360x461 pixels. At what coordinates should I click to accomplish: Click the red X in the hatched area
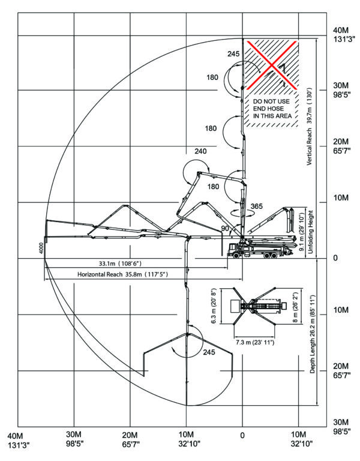(271, 65)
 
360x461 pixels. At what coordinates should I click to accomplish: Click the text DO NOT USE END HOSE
(271, 105)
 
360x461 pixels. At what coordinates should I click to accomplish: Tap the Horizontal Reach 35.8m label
(122, 274)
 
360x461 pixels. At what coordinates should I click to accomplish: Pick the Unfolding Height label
(311, 232)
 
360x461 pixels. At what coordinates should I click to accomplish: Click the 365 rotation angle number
(257, 206)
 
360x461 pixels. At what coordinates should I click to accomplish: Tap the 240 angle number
(200, 151)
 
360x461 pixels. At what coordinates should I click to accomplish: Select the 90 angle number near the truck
(225, 229)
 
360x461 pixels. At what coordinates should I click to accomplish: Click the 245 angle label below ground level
(209, 352)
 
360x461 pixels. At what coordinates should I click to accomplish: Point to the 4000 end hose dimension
(41, 248)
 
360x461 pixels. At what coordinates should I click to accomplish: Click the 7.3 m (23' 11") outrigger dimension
(255, 342)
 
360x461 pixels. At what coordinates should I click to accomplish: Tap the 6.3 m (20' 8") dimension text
(214, 306)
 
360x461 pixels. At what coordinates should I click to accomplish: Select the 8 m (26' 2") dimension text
(296, 307)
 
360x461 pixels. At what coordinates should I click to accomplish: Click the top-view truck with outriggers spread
(254, 306)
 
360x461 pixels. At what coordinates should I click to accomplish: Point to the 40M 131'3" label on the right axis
(342, 34)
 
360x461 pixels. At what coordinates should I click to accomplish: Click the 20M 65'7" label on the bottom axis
(130, 439)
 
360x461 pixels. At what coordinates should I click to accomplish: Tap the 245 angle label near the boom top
(233, 54)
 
